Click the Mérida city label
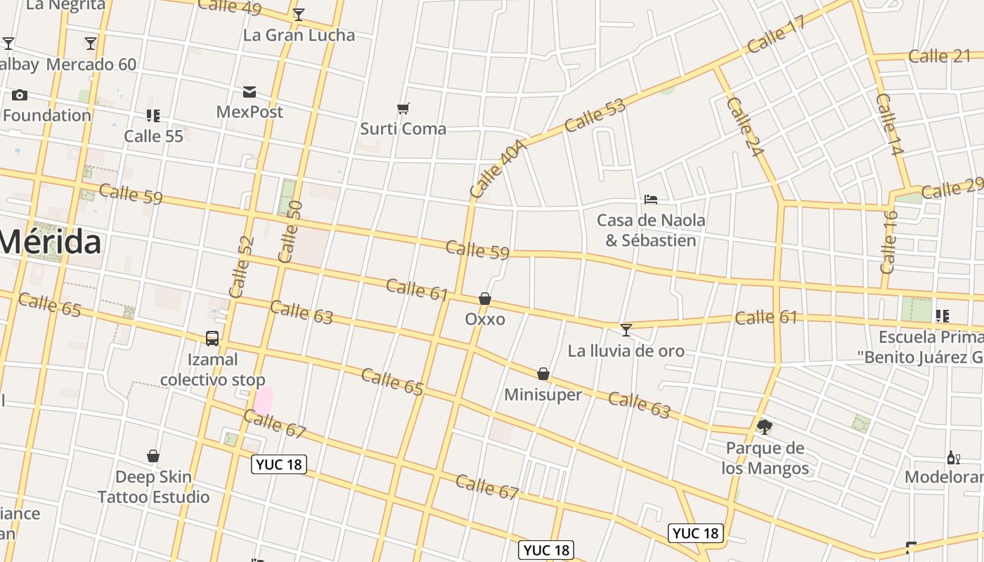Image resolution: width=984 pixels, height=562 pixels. pyautogui.click(x=51, y=242)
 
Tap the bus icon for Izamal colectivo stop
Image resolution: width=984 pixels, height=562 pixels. pyautogui.click(x=212, y=339)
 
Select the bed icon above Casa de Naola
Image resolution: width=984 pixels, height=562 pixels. pyautogui.click(x=651, y=200)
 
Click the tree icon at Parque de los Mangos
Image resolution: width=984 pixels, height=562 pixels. pyautogui.click(x=765, y=426)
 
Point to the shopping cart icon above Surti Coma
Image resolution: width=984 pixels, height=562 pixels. pyautogui.click(x=403, y=109)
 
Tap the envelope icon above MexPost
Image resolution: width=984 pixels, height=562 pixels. pyautogui.click(x=250, y=92)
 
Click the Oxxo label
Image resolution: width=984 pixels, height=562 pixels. pyautogui.click(x=485, y=320)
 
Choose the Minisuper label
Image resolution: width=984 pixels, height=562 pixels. pyautogui.click(x=543, y=395)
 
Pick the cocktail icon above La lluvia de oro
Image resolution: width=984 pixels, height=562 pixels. pyautogui.click(x=626, y=329)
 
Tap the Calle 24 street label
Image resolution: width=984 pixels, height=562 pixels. pyautogui.click(x=746, y=127)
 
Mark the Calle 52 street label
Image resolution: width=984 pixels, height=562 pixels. pyautogui.click(x=241, y=267)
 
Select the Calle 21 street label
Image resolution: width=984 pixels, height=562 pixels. pyautogui.click(x=939, y=56)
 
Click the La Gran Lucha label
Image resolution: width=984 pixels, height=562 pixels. pyautogui.click(x=299, y=35)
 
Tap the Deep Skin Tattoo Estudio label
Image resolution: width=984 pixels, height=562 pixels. pyautogui.click(x=153, y=487)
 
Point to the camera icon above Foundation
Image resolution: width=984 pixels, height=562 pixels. pyautogui.click(x=20, y=95)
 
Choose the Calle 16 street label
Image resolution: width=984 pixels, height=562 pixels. pyautogui.click(x=888, y=242)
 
